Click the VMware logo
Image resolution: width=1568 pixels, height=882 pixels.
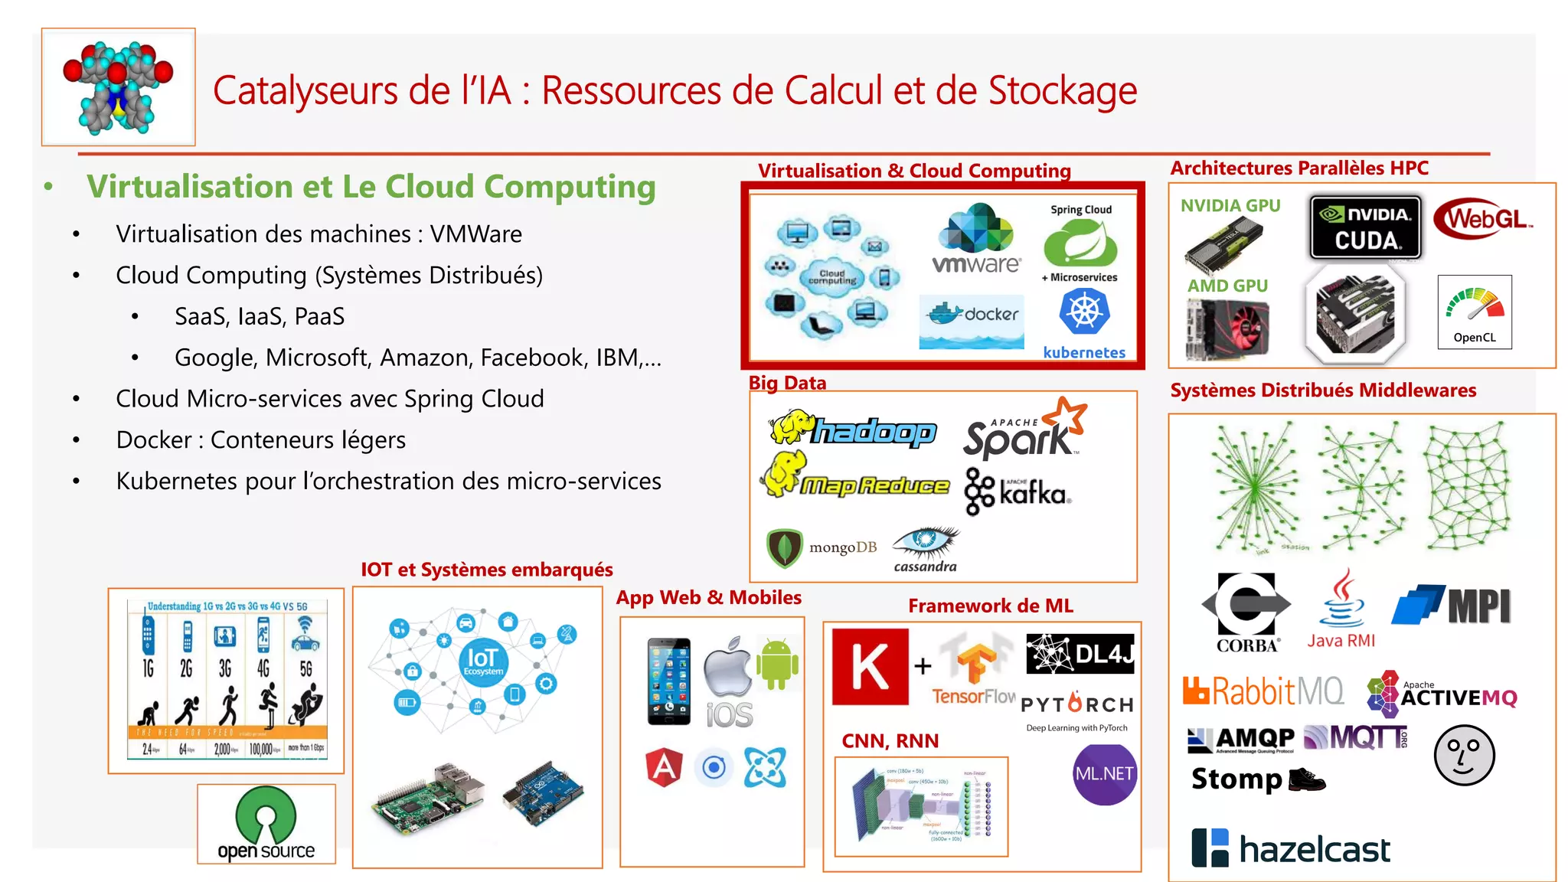pos(976,239)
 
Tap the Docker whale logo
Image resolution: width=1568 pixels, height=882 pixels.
pos(972,316)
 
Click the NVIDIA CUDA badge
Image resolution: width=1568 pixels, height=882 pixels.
pos(1366,227)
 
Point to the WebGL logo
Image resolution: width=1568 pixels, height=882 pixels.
pos(1483,219)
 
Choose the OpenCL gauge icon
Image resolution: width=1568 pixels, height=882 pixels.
pos(1475,312)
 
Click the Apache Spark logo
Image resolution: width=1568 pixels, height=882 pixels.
pos(1024,430)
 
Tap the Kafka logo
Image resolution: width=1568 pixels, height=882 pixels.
pos(1018,491)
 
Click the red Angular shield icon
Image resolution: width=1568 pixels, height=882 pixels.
pos(664,767)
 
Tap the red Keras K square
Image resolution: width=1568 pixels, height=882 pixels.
pos(871,667)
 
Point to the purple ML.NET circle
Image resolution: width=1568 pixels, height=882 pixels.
pos(1104,774)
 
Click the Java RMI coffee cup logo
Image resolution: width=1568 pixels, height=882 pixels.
pos(1341,609)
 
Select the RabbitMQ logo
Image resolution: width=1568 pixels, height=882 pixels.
pos(1263,691)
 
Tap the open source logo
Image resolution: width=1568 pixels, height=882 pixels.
pos(266,824)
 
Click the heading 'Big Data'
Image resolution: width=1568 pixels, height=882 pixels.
pos(787,383)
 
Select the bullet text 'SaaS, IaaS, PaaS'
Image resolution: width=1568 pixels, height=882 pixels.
pos(260,316)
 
